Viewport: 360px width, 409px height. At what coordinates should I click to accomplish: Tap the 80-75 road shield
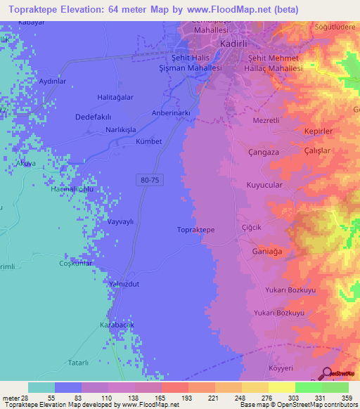tap(148, 181)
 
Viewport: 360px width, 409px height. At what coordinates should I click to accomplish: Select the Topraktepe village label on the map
tap(195, 230)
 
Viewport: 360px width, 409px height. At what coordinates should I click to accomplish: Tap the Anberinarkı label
tap(172, 113)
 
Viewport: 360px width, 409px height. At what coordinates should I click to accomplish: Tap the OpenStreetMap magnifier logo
tap(328, 374)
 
